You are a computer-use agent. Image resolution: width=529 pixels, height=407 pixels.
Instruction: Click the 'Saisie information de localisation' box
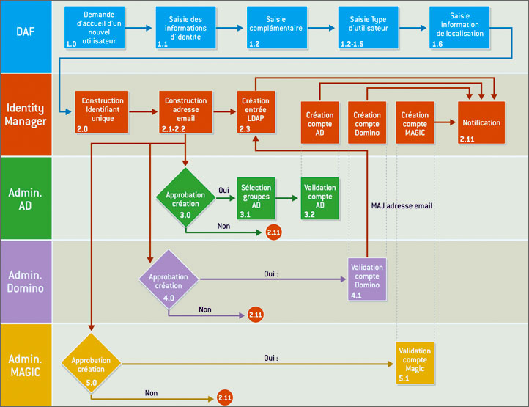(460, 28)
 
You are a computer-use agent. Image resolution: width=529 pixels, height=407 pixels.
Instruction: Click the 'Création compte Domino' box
(366, 123)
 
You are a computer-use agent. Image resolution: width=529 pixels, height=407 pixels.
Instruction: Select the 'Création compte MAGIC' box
(415, 123)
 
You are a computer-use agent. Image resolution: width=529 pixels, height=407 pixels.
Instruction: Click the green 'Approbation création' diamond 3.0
(185, 197)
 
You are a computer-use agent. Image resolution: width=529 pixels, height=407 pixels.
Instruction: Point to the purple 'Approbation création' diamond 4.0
(169, 282)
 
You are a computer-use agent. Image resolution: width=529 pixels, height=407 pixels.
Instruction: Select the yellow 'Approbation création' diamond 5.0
(92, 364)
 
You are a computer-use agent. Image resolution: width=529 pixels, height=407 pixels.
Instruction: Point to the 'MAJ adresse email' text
(402, 206)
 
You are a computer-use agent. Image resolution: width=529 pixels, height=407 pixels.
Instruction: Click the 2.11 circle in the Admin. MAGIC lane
(224, 397)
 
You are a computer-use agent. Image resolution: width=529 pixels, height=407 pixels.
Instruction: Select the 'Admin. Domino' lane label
(26, 281)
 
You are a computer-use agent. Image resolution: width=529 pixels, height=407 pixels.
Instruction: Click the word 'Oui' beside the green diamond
(223, 190)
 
